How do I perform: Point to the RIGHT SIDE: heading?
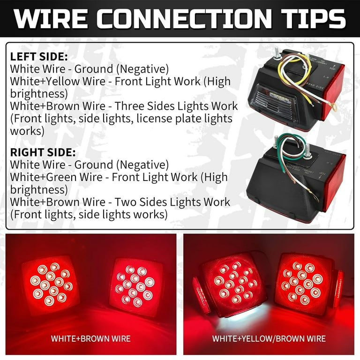click(43, 153)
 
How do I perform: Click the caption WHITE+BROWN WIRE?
click(90, 338)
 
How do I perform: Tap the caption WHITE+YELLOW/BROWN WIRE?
click(269, 338)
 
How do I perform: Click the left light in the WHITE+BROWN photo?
click(50, 284)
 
